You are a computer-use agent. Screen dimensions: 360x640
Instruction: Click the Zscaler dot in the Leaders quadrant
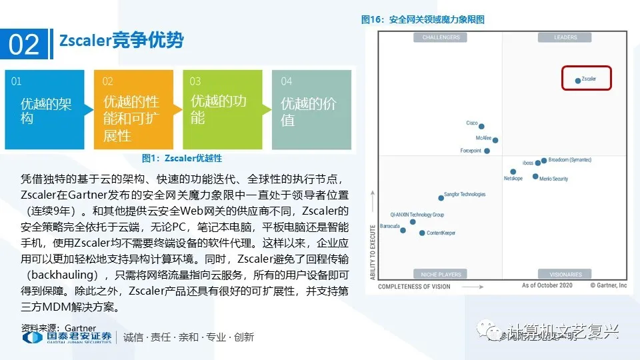coord(578,81)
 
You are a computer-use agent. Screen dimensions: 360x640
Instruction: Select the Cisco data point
coord(481,126)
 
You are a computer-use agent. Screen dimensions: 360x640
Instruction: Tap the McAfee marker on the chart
coord(495,140)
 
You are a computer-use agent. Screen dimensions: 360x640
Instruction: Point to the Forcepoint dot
coord(487,151)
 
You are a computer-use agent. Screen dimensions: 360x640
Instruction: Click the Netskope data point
coord(513,171)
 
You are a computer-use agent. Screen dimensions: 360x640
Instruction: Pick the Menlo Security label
coord(553,179)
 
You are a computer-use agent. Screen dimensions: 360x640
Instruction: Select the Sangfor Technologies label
coord(465,195)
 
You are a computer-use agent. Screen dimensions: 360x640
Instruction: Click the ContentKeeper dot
coord(422,233)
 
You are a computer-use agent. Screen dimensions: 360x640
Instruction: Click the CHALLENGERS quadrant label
coord(441,37)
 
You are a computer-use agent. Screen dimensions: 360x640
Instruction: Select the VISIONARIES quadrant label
coord(565,274)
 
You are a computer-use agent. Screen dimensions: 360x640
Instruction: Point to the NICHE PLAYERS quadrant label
coord(441,274)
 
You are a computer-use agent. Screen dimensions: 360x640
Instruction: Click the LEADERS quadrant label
coord(565,37)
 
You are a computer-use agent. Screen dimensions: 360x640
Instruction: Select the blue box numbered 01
coord(45,109)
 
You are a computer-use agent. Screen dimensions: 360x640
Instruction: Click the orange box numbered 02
coord(133,109)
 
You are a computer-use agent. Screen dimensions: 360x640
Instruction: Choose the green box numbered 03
coord(222,109)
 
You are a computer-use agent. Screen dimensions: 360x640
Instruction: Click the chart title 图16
coord(423,19)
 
